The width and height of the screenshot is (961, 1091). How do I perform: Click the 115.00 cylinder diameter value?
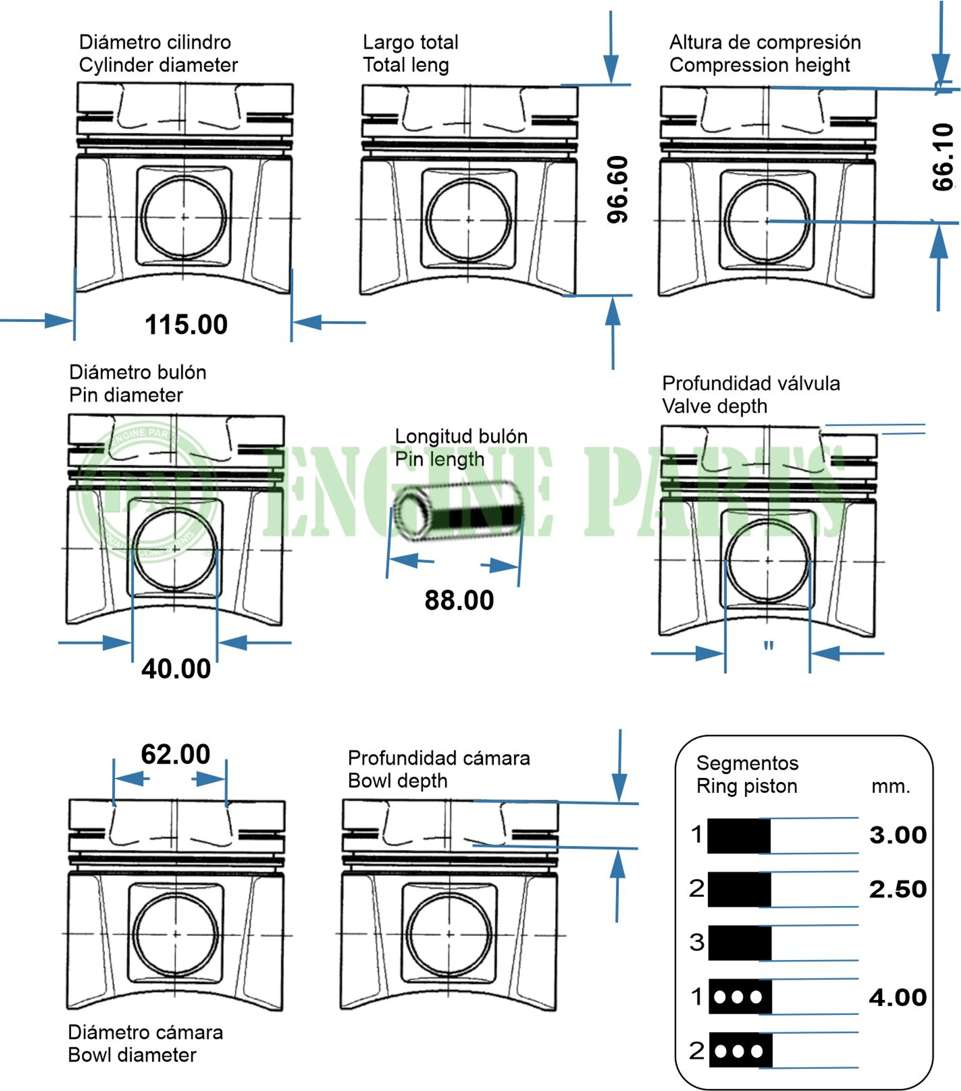(x=186, y=324)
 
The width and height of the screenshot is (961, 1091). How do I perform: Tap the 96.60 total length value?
(x=618, y=189)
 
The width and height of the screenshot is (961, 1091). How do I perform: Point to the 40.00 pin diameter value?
(x=176, y=669)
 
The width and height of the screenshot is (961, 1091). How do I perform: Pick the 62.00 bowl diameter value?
(x=176, y=754)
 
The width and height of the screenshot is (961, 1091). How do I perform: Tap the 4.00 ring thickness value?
(x=898, y=997)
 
